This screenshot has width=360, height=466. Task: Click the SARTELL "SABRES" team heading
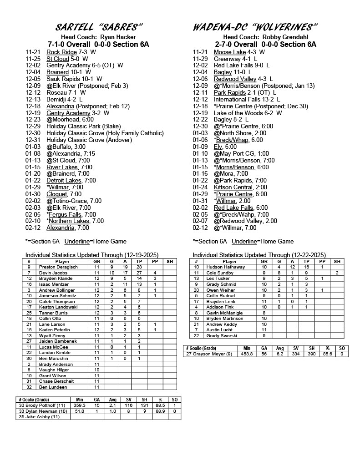point(99,27)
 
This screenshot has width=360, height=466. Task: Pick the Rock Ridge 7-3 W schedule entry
point(71,52)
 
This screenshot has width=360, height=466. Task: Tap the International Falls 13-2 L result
point(247,99)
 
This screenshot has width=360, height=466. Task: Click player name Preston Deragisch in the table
point(59,267)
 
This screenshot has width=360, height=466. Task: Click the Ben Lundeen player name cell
point(53,387)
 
